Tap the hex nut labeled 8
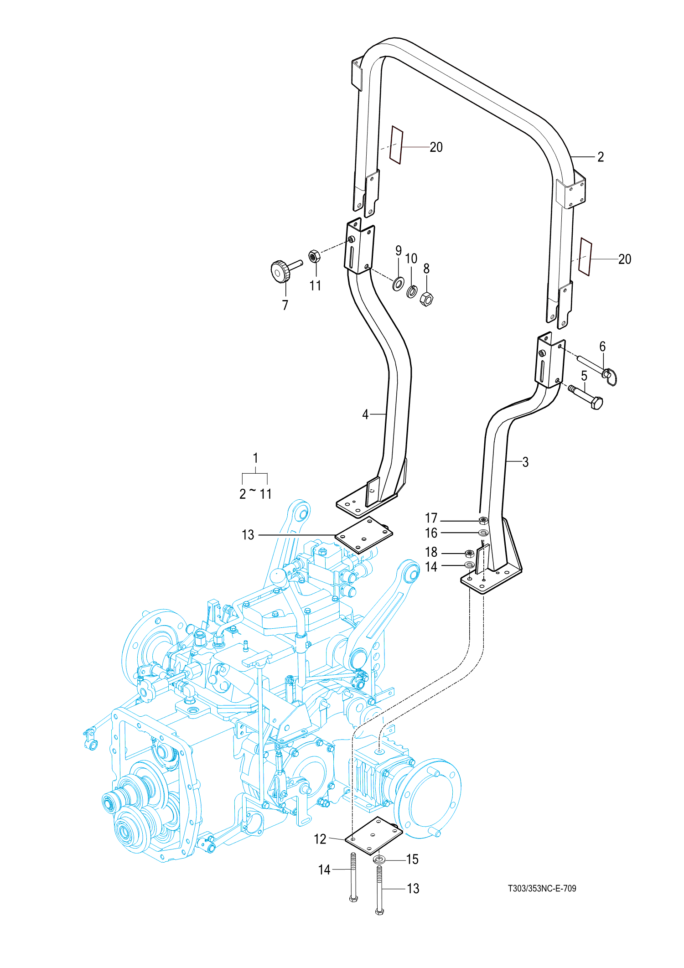426,299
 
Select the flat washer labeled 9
398,284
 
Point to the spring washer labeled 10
412,291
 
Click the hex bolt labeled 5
588,398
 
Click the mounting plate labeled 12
374,836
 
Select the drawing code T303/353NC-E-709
542,888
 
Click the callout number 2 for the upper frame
601,157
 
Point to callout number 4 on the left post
365,414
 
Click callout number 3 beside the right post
525,462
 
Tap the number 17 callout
431,518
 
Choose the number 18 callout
431,552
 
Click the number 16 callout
431,533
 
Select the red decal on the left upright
396,145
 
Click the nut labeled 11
314,256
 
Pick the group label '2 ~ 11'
255,493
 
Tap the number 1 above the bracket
255,458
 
